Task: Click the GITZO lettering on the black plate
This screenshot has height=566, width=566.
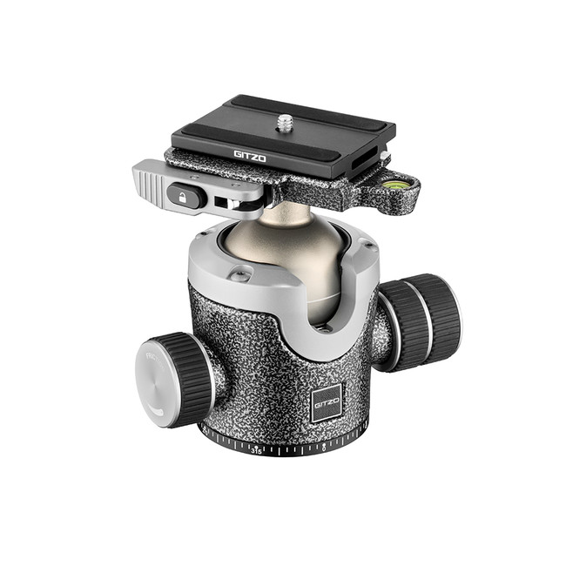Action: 250,156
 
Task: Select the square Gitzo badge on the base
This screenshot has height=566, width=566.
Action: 327,401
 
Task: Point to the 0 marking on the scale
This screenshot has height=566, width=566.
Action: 324,448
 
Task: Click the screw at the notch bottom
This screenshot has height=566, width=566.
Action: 323,328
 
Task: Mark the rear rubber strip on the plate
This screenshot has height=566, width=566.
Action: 295,110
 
